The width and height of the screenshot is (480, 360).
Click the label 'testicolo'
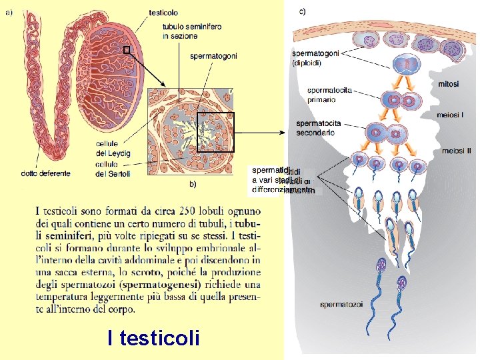tap(163, 13)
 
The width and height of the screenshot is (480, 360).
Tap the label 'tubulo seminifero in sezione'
tap(192, 31)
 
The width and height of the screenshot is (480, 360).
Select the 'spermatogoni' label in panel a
tap(213, 56)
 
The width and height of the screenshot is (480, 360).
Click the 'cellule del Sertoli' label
tap(113, 169)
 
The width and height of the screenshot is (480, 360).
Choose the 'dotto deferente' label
tap(45, 174)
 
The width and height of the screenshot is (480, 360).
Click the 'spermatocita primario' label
tap(329, 95)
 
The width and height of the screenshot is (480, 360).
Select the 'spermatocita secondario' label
tap(318, 128)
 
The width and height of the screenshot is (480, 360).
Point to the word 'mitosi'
tap(449, 83)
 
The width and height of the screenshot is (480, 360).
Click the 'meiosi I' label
tap(451, 115)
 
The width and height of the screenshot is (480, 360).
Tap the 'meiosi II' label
tap(456, 151)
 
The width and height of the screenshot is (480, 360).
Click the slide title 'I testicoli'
tap(153, 338)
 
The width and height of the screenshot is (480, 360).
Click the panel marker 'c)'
tap(303, 11)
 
